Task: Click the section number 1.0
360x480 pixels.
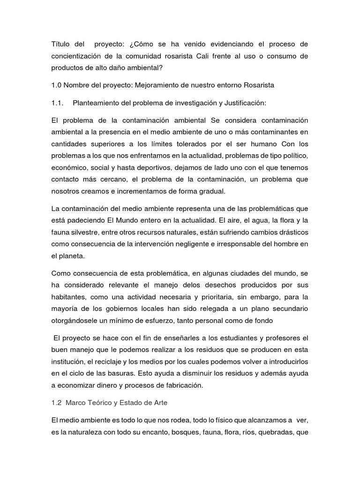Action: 57,85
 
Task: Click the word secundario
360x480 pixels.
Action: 287,309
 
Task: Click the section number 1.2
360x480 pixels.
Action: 56,402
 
